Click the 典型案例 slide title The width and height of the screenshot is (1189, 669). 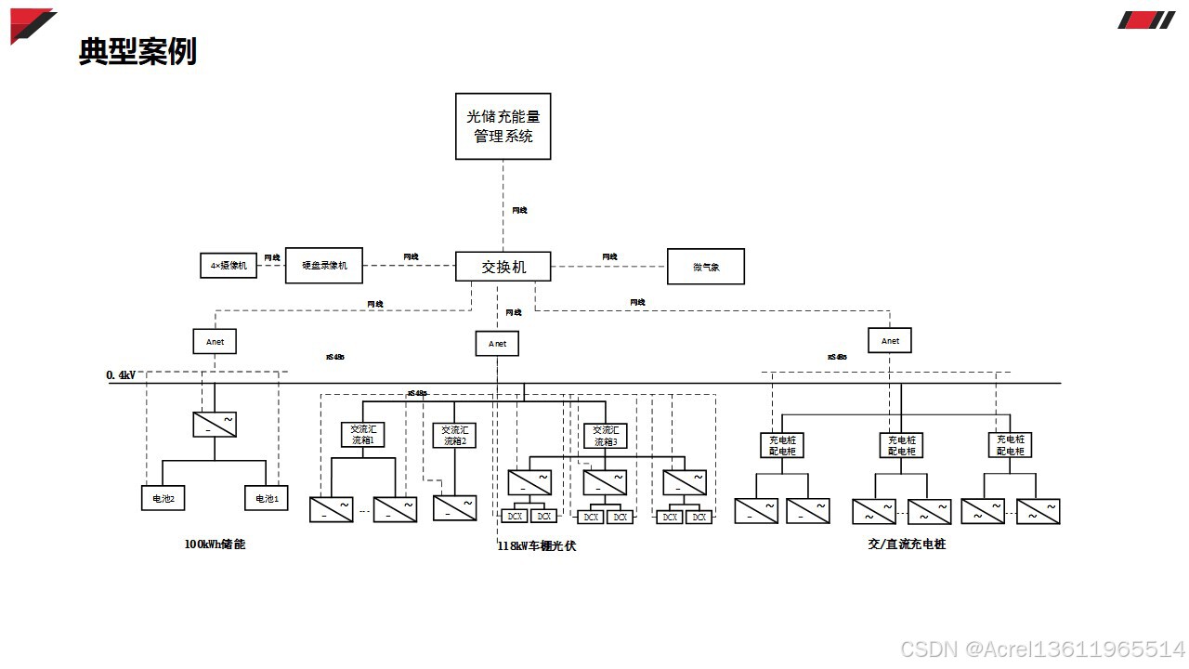pyautogui.click(x=137, y=52)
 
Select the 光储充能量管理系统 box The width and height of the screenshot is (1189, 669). pyautogui.click(x=503, y=126)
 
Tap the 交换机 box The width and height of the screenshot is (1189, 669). pyautogui.click(x=503, y=267)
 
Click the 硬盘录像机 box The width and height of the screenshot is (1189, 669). pyautogui.click(x=324, y=266)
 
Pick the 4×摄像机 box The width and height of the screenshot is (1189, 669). pyautogui.click(x=229, y=266)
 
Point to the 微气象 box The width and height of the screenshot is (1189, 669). pyautogui.click(x=706, y=267)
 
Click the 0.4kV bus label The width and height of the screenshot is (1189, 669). pyautogui.click(x=121, y=375)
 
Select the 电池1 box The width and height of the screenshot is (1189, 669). pyautogui.click(x=267, y=499)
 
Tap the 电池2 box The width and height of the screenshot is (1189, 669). pyautogui.click(x=163, y=499)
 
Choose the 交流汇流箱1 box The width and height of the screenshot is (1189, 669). pyautogui.click(x=362, y=435)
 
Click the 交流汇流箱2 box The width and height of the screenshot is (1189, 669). pyautogui.click(x=454, y=435)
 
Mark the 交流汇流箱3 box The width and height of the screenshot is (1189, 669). pyautogui.click(x=605, y=435)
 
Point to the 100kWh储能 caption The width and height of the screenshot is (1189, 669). pyautogui.click(x=215, y=544)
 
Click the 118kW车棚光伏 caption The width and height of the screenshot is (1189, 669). pyautogui.click(x=537, y=546)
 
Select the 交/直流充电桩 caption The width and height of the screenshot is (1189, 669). pyautogui.click(x=907, y=544)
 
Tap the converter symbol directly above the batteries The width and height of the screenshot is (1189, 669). pyautogui.click(x=215, y=425)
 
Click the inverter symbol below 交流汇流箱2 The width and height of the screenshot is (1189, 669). pyautogui.click(x=454, y=507)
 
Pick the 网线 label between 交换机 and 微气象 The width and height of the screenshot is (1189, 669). pyautogui.click(x=609, y=256)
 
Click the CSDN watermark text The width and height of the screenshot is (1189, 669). pyautogui.click(x=1042, y=649)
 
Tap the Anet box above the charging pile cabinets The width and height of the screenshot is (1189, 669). pyautogui.click(x=890, y=341)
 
